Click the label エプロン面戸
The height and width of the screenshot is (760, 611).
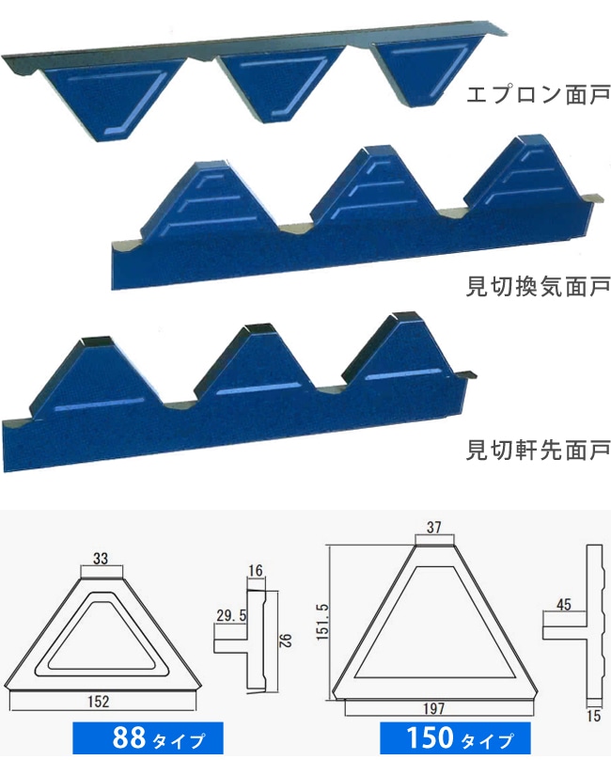[x=538, y=94]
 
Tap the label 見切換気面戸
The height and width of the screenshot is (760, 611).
[x=538, y=287]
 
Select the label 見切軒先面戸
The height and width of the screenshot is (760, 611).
[x=538, y=451]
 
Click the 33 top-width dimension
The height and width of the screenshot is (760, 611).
[x=101, y=559]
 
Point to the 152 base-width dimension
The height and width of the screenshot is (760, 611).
[x=99, y=701]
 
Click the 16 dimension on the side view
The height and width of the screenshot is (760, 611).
[x=256, y=571]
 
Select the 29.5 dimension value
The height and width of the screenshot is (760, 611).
[x=231, y=615]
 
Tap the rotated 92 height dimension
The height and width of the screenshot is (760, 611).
[x=286, y=641]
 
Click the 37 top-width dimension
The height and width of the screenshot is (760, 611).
[x=433, y=527]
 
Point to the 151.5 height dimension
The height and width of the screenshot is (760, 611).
[x=322, y=622]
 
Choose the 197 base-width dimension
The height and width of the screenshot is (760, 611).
[x=433, y=708]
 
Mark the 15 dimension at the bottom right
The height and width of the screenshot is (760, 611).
[x=593, y=716]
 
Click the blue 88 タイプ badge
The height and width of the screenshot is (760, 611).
[x=148, y=737]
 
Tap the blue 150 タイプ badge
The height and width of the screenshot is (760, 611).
[x=455, y=737]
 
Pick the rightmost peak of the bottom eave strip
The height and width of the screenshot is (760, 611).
[x=399, y=349]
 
